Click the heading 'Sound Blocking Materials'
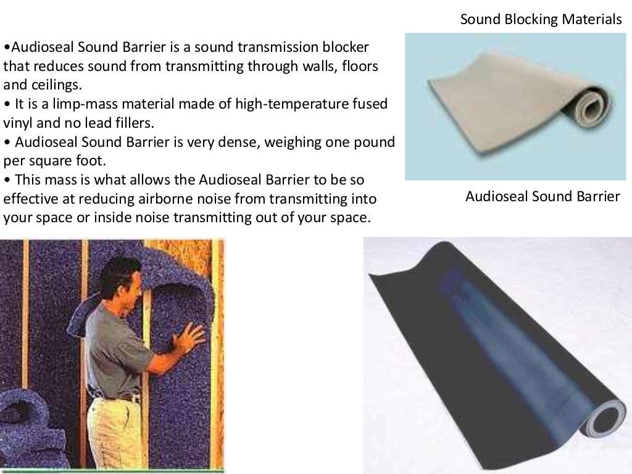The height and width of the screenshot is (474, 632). pos(541,20)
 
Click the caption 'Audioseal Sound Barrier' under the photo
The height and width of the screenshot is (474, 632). pos(542,197)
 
